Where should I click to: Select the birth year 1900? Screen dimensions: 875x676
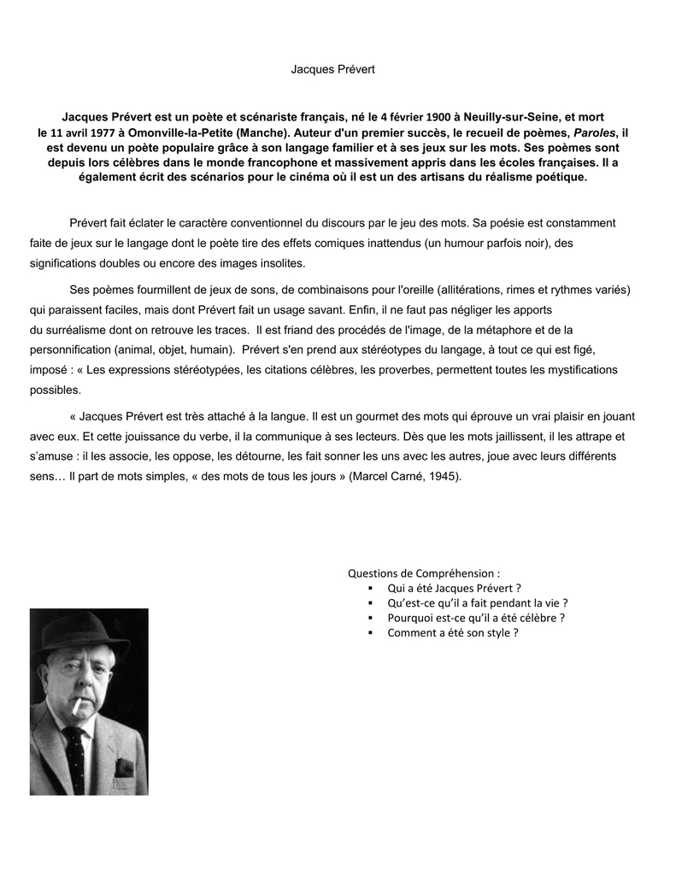[438, 115]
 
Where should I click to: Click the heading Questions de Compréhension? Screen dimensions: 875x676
[424, 573]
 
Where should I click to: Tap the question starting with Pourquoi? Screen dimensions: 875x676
[476, 617]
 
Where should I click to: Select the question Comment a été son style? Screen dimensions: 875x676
[453, 632]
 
